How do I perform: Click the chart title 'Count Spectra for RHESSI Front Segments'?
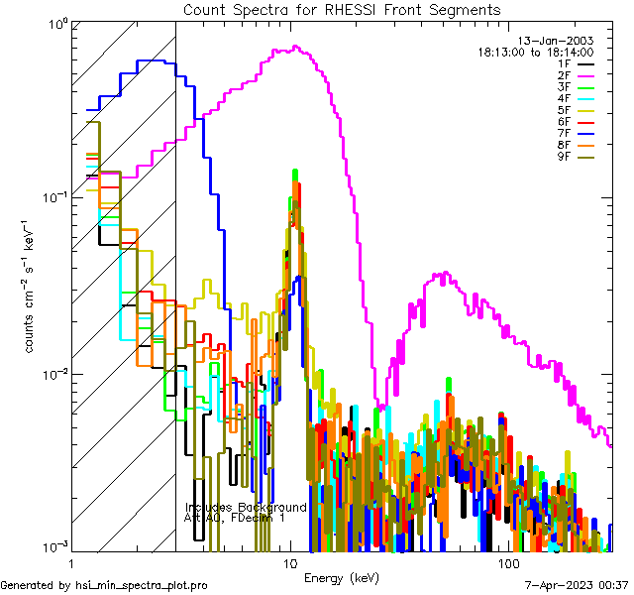pos(342,9)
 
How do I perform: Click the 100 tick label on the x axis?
pos(507,562)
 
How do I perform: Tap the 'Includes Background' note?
pos(246,507)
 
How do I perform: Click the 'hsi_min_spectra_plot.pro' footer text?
pos(141,585)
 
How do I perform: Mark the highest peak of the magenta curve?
pos(294,47)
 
